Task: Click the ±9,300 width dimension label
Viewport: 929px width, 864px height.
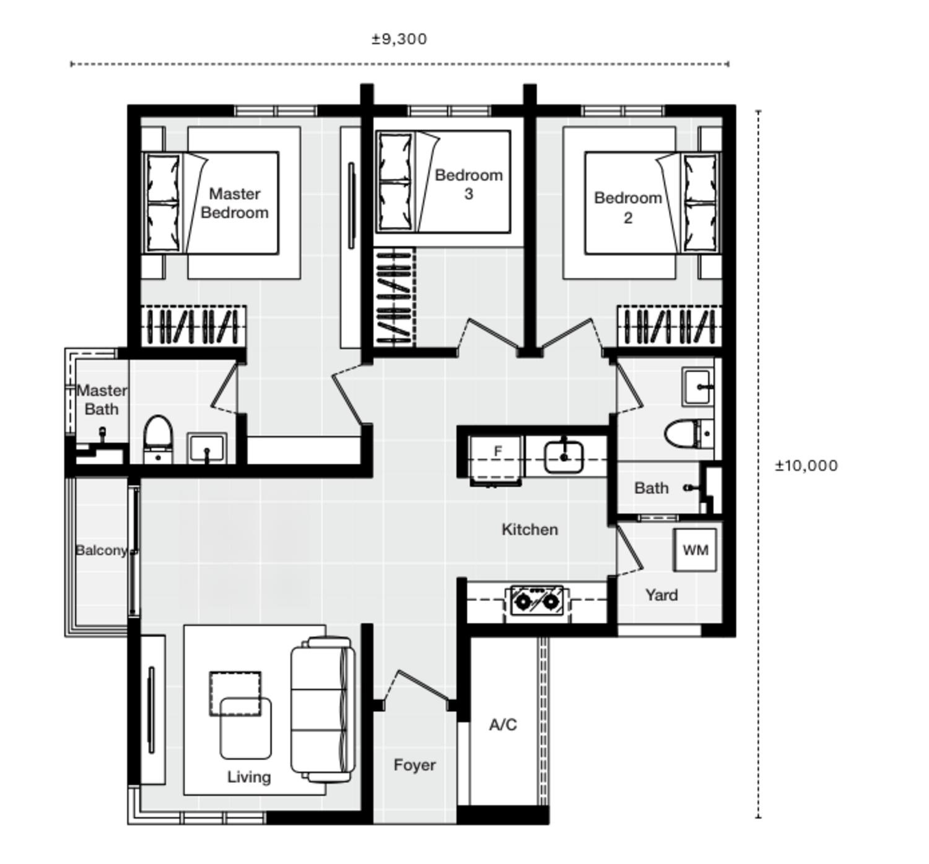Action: [x=399, y=39]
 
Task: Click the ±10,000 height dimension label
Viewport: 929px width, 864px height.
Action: [x=806, y=465]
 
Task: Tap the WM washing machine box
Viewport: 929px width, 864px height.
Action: [x=695, y=550]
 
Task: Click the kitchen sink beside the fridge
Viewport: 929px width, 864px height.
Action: [x=564, y=457]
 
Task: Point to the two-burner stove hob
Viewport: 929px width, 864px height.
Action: [x=536, y=600]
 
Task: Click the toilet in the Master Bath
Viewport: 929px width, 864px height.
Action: [x=158, y=438]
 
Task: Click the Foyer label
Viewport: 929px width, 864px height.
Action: [x=414, y=765]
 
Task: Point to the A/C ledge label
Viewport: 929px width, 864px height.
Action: [x=502, y=724]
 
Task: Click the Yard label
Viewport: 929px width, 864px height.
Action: [x=661, y=595]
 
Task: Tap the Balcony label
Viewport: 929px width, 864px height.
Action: [x=101, y=550]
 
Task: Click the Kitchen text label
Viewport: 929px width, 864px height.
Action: [x=530, y=529]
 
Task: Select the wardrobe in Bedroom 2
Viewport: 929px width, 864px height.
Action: [x=669, y=326]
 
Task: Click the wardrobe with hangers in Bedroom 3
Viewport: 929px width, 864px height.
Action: [x=395, y=297]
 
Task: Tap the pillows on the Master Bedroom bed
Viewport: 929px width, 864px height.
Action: [x=163, y=203]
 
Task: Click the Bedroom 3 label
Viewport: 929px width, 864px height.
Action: [x=468, y=184]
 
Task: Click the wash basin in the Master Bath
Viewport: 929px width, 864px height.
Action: [x=206, y=447]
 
